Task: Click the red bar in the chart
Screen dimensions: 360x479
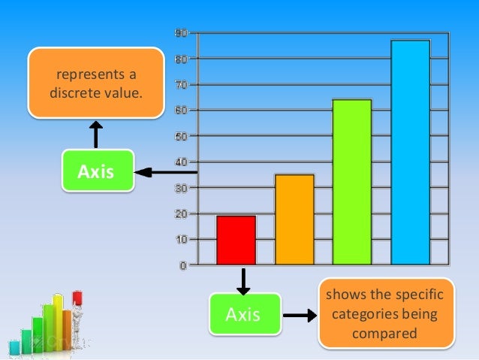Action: click(x=236, y=240)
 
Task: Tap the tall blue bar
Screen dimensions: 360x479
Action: click(x=410, y=152)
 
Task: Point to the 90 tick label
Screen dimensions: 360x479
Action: click(x=181, y=33)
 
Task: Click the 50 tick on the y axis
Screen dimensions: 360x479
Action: click(x=181, y=136)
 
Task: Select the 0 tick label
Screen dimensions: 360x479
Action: click(x=183, y=265)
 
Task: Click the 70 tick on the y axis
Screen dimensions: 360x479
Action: click(x=181, y=84)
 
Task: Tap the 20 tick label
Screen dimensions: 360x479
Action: click(x=181, y=213)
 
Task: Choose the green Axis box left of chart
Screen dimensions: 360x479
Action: click(x=97, y=171)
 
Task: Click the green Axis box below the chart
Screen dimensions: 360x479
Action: click(x=243, y=314)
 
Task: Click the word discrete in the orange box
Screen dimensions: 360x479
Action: click(x=73, y=93)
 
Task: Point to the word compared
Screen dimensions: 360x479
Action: click(x=386, y=331)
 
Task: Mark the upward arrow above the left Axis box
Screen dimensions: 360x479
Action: click(x=96, y=135)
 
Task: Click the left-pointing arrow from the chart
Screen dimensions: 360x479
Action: click(x=165, y=173)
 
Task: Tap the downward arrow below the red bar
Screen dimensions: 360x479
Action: click(x=243, y=281)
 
